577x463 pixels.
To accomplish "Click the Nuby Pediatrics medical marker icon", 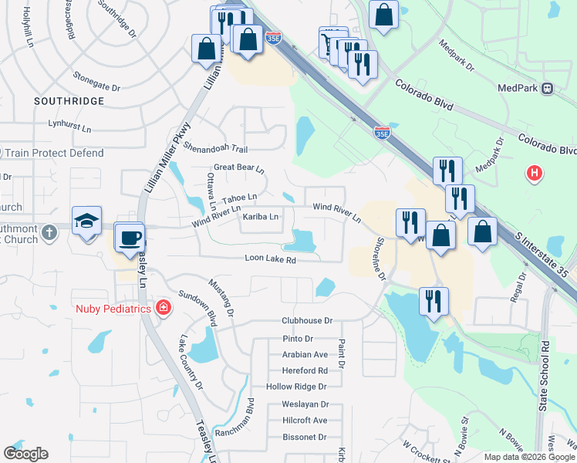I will [163, 309].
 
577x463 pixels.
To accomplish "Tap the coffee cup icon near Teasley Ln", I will [130, 236].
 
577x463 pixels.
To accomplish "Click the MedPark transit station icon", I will [548, 88].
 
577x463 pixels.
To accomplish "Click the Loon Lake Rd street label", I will [271, 260].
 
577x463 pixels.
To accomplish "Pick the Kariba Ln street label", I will [261, 218].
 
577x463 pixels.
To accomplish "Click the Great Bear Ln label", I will [239, 167].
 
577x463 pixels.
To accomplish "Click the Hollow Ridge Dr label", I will [296, 387].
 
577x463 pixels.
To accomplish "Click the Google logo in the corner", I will [25, 454].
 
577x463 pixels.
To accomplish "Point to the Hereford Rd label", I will [305, 370].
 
